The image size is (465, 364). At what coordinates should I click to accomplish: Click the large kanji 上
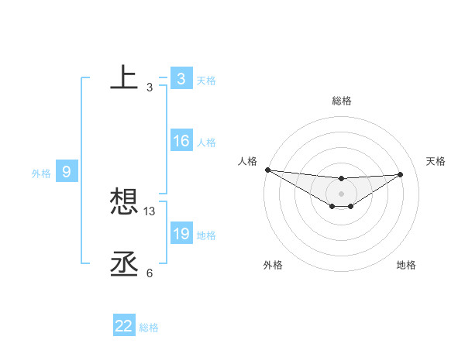[124, 79]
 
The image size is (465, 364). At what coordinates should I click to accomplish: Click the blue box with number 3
[181, 79]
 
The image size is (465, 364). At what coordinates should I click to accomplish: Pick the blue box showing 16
[181, 141]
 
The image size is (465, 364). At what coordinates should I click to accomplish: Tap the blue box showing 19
[181, 233]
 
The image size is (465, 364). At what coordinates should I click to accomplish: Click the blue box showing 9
[66, 172]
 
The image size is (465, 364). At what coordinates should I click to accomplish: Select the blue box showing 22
[124, 326]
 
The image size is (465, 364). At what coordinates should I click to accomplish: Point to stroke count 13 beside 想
[150, 211]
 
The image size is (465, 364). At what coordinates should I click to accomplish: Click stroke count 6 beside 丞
[149, 273]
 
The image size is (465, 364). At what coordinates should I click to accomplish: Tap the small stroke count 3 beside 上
[149, 88]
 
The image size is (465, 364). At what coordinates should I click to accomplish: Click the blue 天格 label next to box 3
[206, 80]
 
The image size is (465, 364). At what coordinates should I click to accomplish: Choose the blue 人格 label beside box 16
[206, 143]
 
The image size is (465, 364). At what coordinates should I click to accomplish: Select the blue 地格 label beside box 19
[206, 235]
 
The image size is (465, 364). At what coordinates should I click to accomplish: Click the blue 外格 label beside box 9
[41, 173]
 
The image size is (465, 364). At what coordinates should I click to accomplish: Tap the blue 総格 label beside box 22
[149, 328]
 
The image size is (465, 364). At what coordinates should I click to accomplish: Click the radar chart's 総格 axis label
[342, 101]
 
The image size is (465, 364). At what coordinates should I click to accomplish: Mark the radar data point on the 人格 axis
[267, 170]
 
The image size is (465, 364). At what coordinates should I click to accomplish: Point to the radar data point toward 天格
[401, 174]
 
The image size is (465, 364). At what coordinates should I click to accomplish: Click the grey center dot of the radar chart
[342, 194]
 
